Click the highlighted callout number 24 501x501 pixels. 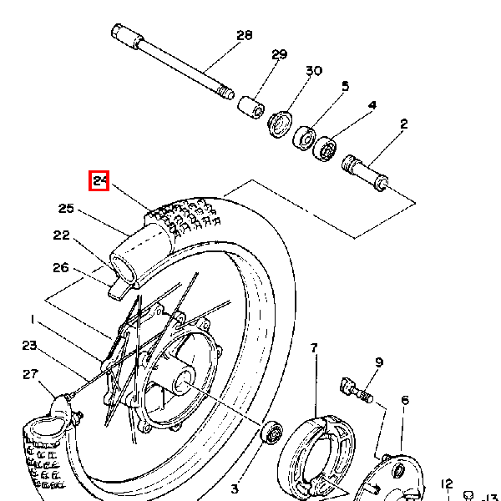tap(99, 181)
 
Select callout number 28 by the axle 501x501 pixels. tap(245, 35)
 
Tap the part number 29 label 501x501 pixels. tap(279, 54)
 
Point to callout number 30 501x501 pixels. tap(314, 71)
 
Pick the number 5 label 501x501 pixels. tap(345, 86)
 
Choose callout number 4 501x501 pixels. tap(372, 105)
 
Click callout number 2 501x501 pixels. tap(404, 124)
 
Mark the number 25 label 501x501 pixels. tap(66, 209)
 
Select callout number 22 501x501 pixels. tap(61, 235)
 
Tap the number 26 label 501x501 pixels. tap(61, 267)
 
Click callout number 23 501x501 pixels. tap(29, 346)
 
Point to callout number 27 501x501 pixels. tap(31, 374)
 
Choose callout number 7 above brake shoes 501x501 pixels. tap(314, 348)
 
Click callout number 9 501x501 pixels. tap(379, 362)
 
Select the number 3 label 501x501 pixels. tap(235, 488)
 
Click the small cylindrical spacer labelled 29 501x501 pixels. tap(251, 107)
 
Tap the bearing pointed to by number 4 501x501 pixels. tap(325, 149)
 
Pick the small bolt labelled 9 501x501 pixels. tap(357, 390)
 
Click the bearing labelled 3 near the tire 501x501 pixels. tap(271, 432)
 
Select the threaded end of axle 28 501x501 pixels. tap(226, 93)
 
